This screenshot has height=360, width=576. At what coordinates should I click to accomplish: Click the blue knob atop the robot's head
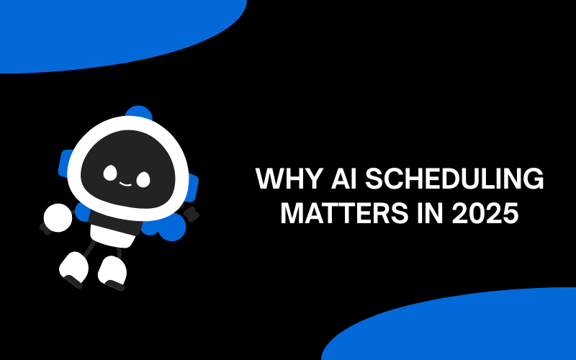tap(139, 115)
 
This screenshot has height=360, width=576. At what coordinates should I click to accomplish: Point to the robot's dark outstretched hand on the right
tap(192, 213)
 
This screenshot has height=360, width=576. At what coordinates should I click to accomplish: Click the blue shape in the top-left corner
tap(108, 29)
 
